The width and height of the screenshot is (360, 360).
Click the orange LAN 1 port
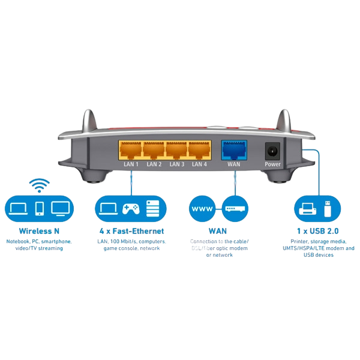(130, 149)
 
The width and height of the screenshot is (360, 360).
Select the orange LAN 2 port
(154, 149)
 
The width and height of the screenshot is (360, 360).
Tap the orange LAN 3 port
(177, 149)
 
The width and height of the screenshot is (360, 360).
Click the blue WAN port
(233, 149)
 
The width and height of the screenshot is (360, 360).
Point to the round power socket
(273, 150)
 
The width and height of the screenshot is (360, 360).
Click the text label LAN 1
(130, 164)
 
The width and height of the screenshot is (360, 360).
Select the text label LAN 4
(200, 164)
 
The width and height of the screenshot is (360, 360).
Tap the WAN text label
(233, 164)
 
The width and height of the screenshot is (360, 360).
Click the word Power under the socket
(273, 164)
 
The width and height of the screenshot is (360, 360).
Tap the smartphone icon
(40, 209)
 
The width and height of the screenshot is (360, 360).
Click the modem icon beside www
(234, 209)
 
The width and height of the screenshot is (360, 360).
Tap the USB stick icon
(327, 209)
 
